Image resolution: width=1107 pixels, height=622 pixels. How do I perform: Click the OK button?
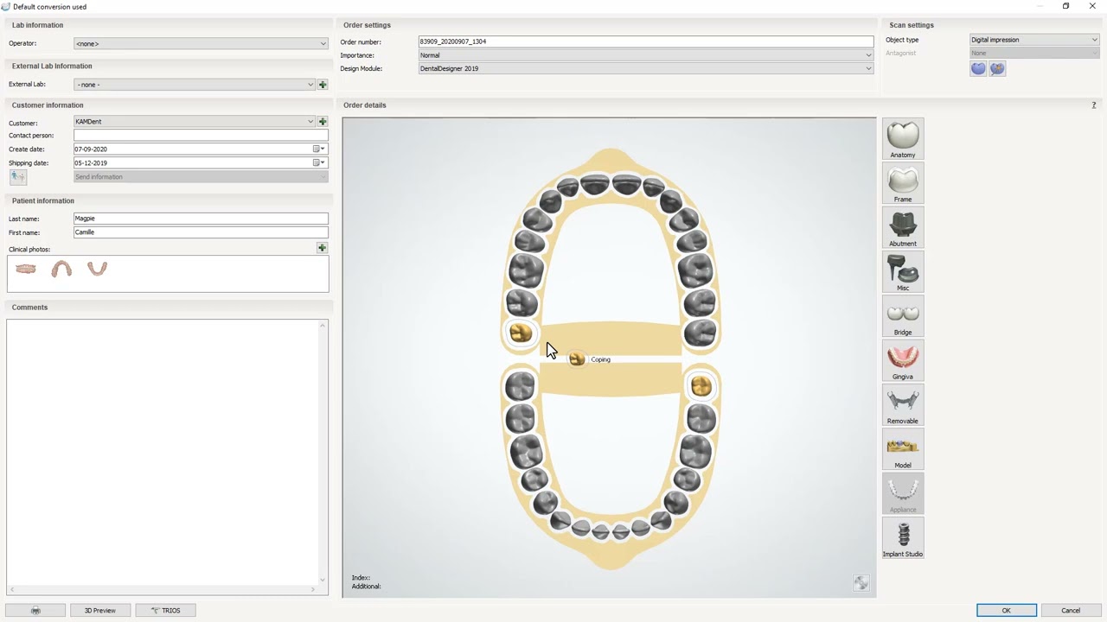1006,610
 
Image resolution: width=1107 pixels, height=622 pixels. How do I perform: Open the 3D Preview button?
100,610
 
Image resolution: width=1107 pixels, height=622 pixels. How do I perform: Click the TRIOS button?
165,610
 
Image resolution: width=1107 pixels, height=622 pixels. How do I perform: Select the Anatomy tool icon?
903,139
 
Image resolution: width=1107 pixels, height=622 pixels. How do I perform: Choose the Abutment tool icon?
903,227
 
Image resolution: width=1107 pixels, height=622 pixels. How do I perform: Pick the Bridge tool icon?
903,316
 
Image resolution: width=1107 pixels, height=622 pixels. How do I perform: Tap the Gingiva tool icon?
903,360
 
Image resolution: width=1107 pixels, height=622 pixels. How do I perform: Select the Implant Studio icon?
903,537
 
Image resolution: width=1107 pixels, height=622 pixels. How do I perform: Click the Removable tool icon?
903,405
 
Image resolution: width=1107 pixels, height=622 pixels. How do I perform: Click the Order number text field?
646,41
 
